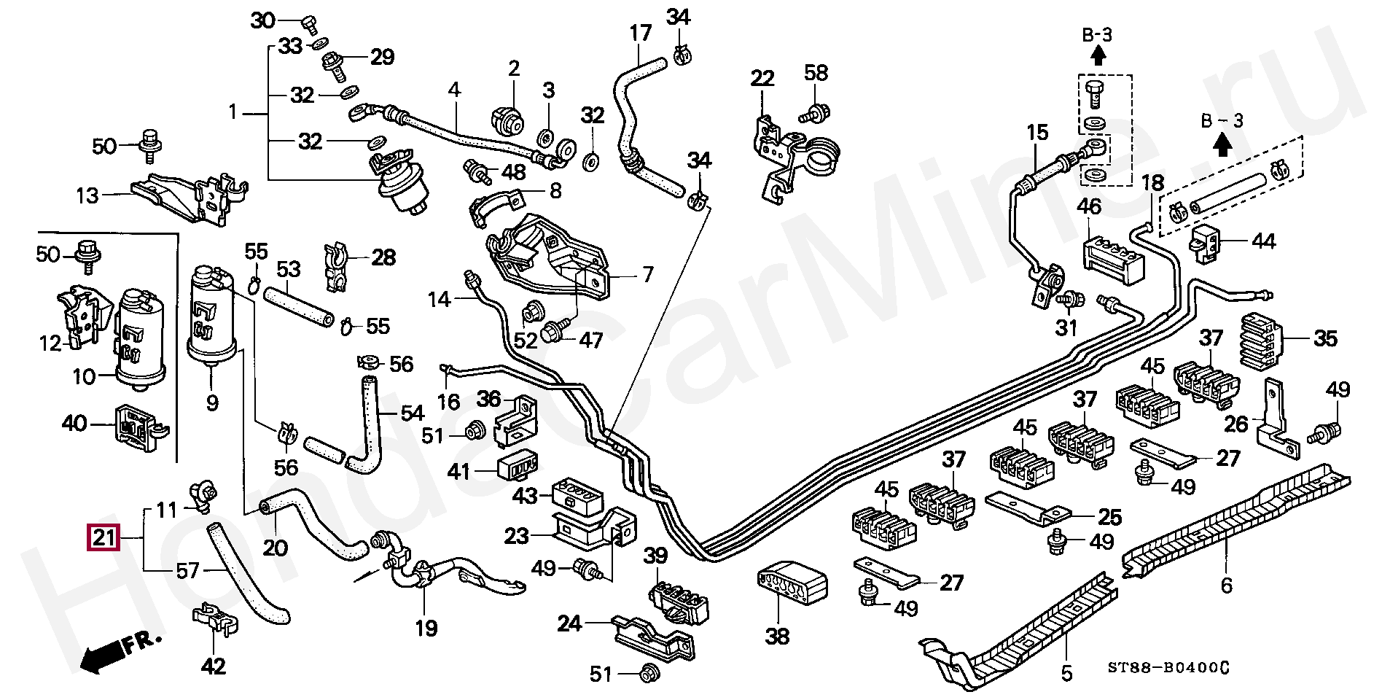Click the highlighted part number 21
point(103,538)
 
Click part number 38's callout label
point(777,636)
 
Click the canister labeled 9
point(212,317)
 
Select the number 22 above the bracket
point(762,78)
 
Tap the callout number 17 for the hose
point(640,33)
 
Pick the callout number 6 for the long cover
point(1226,584)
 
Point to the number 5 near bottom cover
point(1066,673)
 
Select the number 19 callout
point(426,628)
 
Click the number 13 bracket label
point(87,195)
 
